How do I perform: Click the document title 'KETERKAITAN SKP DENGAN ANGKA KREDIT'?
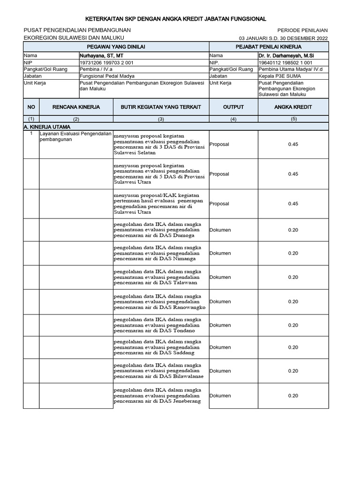(x=175, y=19)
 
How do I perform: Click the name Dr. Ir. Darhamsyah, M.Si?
(x=286, y=55)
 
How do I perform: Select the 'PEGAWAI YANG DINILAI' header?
(x=116, y=47)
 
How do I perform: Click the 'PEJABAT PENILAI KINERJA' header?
(x=268, y=47)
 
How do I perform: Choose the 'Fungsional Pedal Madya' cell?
(x=107, y=76)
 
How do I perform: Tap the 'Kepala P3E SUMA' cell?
(x=279, y=76)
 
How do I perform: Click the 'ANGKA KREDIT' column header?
(x=292, y=107)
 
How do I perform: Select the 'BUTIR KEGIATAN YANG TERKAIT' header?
(x=161, y=107)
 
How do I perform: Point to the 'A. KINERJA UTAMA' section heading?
(x=47, y=127)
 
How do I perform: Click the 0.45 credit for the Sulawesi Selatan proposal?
(x=293, y=144)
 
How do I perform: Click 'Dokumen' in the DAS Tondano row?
(x=220, y=325)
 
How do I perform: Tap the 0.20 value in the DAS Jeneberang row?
(x=293, y=396)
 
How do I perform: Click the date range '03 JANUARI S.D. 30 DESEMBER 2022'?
(x=283, y=38)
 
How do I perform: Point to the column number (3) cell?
(x=161, y=119)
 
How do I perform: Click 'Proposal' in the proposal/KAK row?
(x=219, y=204)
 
